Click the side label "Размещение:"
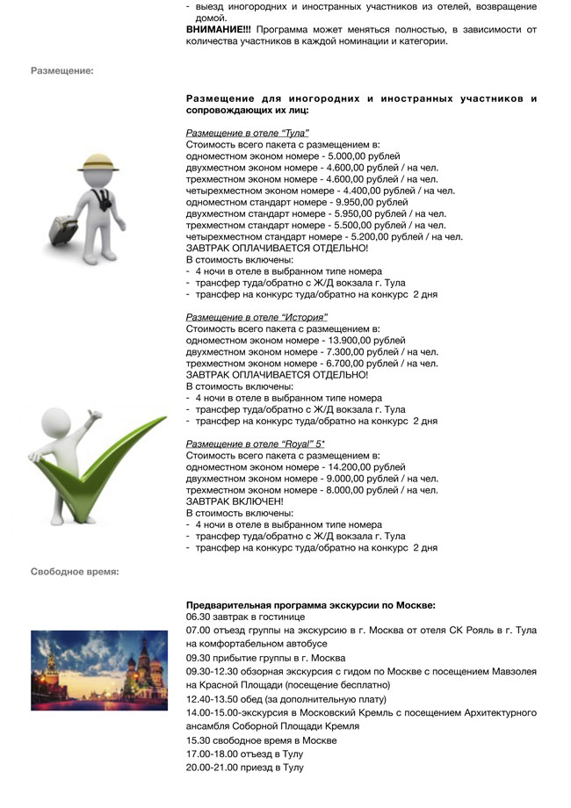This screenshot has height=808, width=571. coord(61,70)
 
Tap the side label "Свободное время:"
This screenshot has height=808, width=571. coord(75,572)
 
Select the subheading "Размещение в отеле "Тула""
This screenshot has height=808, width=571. coord(248,133)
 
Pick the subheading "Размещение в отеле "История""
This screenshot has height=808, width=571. coord(257,317)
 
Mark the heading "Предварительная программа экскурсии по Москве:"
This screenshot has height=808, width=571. coord(311,605)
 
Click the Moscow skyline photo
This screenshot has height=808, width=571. coord(98,670)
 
